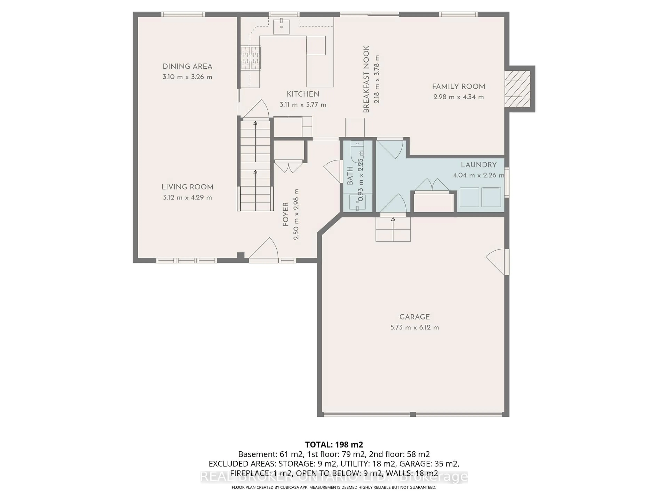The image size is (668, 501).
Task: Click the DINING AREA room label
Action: click(x=187, y=66)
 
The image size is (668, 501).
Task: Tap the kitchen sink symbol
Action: click(x=281, y=27)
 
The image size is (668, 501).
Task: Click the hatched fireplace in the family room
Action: click(x=517, y=89)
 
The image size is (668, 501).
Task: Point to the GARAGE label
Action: click(x=414, y=317)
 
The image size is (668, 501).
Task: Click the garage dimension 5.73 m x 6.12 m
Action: click(x=414, y=327)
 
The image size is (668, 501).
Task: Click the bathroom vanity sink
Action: click(x=357, y=202)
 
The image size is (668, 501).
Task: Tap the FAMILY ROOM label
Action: click(x=458, y=87)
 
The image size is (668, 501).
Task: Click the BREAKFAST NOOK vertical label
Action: click(x=366, y=79)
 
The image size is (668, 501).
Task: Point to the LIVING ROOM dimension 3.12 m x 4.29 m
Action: click(x=187, y=197)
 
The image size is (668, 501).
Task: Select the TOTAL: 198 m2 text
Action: click(x=334, y=444)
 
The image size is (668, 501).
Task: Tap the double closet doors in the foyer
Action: click(x=288, y=167)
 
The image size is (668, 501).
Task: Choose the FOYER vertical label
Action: click(x=285, y=214)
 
